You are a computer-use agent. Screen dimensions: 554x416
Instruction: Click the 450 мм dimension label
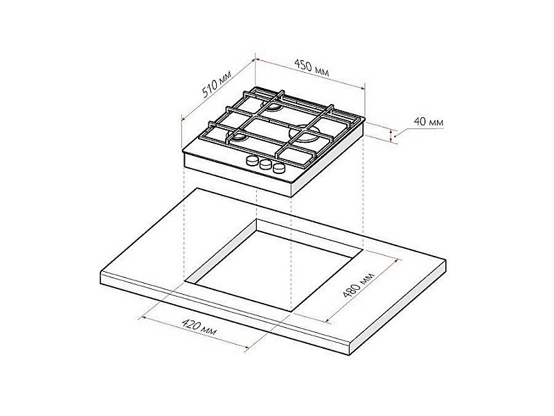(312, 68)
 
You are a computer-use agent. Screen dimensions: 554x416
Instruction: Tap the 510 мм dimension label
(217, 84)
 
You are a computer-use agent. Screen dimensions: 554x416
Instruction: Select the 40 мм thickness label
(428, 122)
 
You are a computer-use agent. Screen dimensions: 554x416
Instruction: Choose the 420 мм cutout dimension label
(199, 327)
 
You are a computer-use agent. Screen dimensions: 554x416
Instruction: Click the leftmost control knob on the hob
(253, 161)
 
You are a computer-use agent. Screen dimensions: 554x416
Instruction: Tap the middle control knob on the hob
(265, 164)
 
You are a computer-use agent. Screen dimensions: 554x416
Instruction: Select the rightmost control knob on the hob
(279, 168)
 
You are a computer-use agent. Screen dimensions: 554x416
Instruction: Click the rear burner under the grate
(271, 107)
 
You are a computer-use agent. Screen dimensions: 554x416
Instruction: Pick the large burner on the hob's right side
(305, 133)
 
